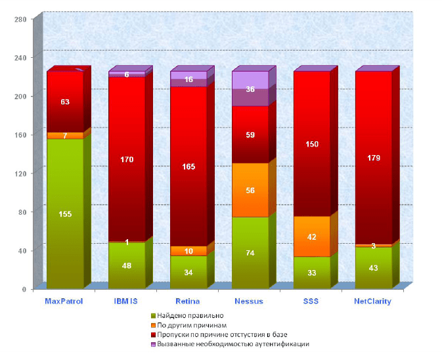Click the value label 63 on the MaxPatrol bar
65,102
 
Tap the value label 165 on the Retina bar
188,167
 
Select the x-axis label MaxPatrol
64,301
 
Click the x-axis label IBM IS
126,301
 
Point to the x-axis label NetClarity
373,301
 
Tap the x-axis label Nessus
250,301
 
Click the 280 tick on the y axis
20,19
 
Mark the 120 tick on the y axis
20,173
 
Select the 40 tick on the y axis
21,250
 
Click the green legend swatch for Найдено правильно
153,315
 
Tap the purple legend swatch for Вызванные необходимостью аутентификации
153,344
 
